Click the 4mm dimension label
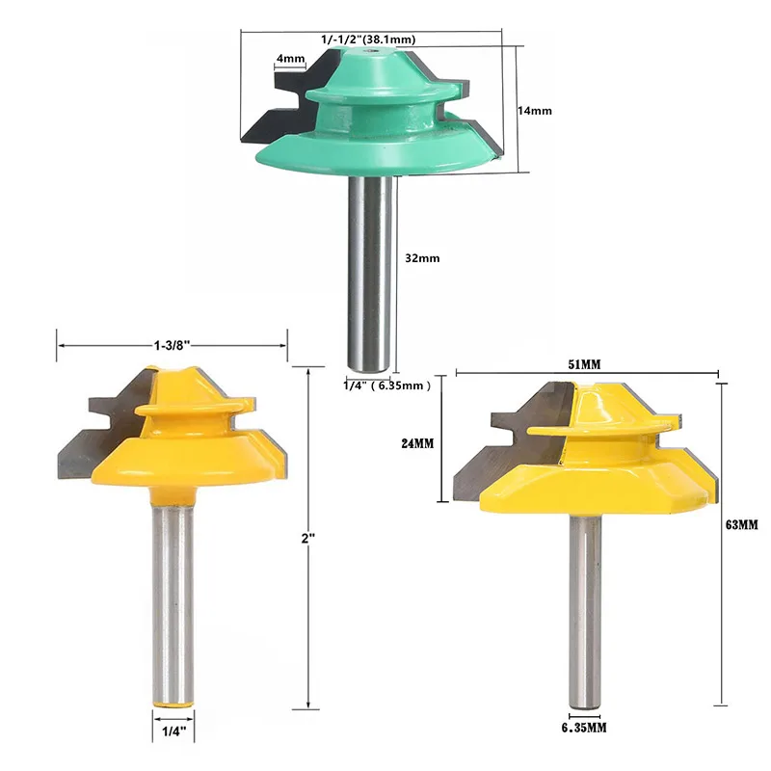(x=291, y=59)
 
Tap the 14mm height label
(x=535, y=111)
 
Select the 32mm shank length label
(x=422, y=258)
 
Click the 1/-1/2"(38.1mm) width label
(x=368, y=40)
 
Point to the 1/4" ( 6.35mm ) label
(x=387, y=385)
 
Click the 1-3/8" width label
(x=173, y=346)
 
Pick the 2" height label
(x=307, y=539)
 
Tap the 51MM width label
(x=584, y=364)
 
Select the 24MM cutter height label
(x=417, y=443)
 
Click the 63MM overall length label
(x=742, y=525)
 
